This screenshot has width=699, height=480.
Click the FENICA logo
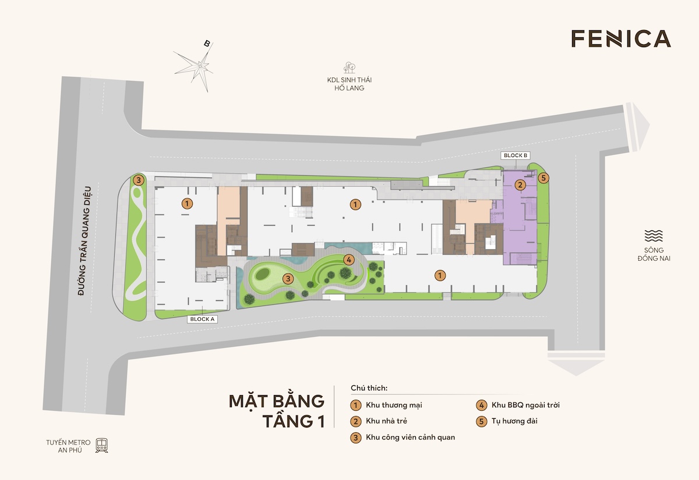pos(621,38)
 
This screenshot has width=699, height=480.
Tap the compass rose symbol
pos(200,66)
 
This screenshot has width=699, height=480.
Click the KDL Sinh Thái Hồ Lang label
pos(349,84)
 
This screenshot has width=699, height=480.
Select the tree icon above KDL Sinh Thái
pos(349,67)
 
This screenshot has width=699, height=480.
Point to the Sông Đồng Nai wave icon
pos(654,236)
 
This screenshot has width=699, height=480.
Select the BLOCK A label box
pos(202,319)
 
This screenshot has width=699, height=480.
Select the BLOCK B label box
pos(516,155)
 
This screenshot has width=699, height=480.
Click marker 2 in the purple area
pos(520,185)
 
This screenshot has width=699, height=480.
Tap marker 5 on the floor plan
pos(543,178)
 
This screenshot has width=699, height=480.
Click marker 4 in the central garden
pos(348,259)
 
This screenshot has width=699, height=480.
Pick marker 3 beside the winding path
pos(139,180)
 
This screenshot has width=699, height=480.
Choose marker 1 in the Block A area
pos(187,204)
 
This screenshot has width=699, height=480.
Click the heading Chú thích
pos(369,387)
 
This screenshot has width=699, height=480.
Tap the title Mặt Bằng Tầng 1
pos(276,411)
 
